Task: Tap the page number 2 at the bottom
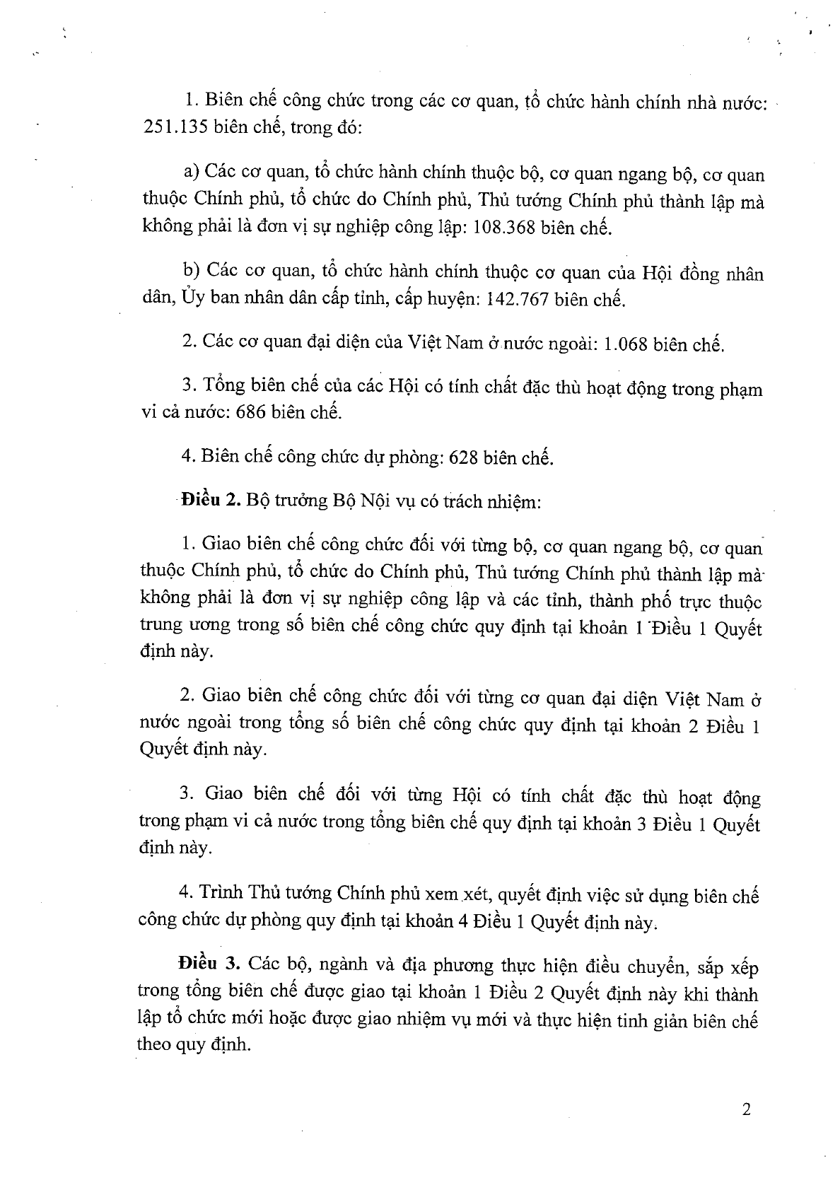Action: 746,1109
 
